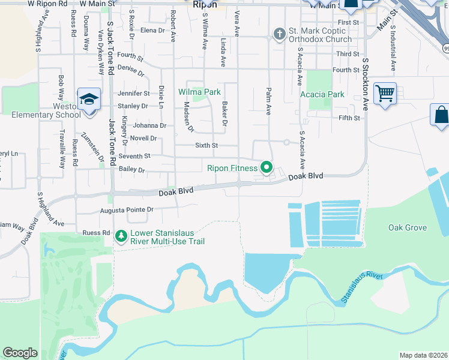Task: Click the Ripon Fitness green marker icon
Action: tap(266, 167)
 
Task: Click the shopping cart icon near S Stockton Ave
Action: tap(385, 94)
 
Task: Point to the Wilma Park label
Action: tap(199, 92)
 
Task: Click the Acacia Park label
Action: tap(322, 94)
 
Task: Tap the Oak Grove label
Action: tap(407, 228)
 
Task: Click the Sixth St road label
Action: tap(206, 145)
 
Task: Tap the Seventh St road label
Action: tap(134, 156)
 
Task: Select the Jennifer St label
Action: tap(134, 94)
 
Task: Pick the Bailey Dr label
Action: tap(132, 170)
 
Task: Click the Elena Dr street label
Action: tap(152, 31)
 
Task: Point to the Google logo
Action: tap(20, 353)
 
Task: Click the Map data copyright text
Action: tap(423, 355)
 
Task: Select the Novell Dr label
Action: tap(145, 138)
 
